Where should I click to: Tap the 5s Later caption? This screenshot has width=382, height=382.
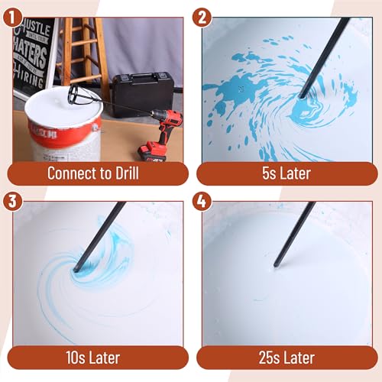284,173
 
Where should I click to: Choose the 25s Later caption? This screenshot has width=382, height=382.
284,357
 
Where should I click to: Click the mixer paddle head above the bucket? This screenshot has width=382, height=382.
80,93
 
